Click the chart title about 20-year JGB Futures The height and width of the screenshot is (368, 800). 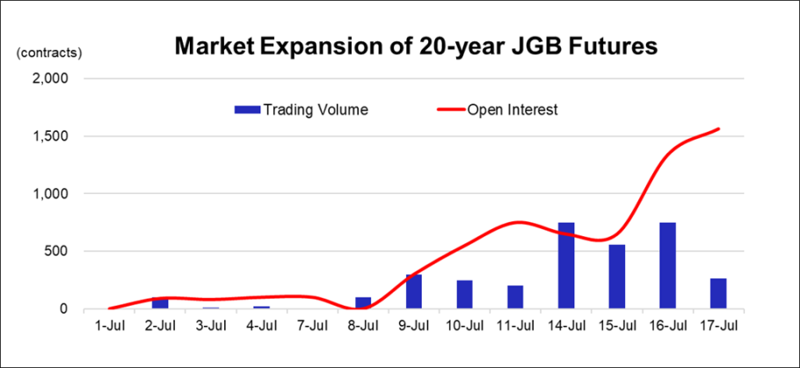point(417,46)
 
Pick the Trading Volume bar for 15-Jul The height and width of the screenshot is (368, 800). point(617,277)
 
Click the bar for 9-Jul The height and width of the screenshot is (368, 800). point(414,292)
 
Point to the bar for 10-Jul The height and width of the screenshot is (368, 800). point(464,295)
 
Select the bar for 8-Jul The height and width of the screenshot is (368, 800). point(363,303)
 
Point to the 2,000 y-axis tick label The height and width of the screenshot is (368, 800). point(49,79)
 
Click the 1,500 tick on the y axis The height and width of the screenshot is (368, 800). point(49,136)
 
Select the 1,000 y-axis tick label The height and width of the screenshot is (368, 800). point(49,194)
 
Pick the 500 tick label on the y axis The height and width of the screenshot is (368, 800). point(56,251)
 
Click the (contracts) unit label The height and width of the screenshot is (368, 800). point(49,53)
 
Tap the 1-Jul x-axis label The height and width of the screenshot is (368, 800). point(109,326)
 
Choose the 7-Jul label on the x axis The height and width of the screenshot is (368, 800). point(312,326)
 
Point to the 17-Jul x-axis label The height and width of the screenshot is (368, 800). point(718,326)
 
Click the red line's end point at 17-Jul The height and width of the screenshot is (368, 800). point(718,129)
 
